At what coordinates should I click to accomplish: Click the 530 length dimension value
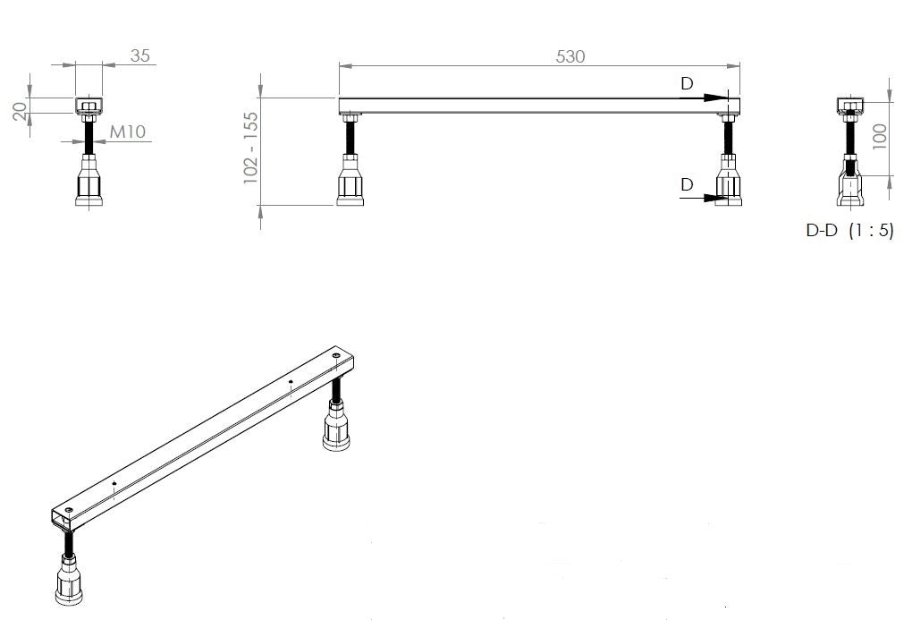click(570, 56)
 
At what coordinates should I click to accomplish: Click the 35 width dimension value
click(140, 56)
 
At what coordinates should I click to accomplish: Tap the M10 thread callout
click(128, 132)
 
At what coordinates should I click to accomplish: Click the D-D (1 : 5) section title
click(849, 230)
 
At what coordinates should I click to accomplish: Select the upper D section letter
click(686, 83)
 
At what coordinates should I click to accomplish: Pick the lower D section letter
click(686, 184)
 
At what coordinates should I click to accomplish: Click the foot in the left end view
click(88, 182)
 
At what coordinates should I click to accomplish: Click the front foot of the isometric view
click(70, 581)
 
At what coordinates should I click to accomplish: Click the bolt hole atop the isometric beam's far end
click(335, 357)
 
